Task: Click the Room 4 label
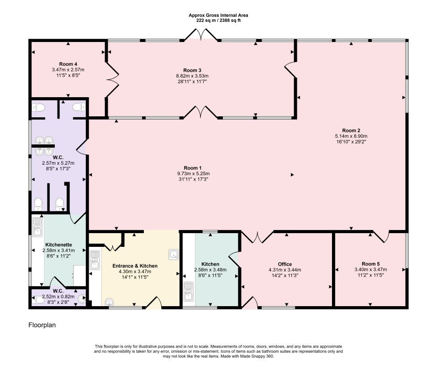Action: (68, 64)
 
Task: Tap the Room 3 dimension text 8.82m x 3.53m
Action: (192, 76)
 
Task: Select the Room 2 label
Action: (351, 130)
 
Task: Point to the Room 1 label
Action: (193, 168)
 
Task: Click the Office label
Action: (285, 264)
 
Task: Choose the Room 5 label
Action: (371, 264)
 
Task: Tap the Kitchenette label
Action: (58, 245)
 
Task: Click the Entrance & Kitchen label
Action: (135, 266)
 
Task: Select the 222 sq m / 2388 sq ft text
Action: (218, 21)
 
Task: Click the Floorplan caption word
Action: (42, 325)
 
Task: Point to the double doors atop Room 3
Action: (201, 34)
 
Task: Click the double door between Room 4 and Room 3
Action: (113, 80)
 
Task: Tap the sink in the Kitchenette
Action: (37, 226)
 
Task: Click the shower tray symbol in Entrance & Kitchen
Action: (174, 254)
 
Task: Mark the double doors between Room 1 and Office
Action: (258, 237)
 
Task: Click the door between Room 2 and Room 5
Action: (381, 236)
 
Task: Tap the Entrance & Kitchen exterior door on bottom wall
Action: (153, 302)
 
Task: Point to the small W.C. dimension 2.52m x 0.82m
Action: (58, 297)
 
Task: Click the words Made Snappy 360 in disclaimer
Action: (259, 356)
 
